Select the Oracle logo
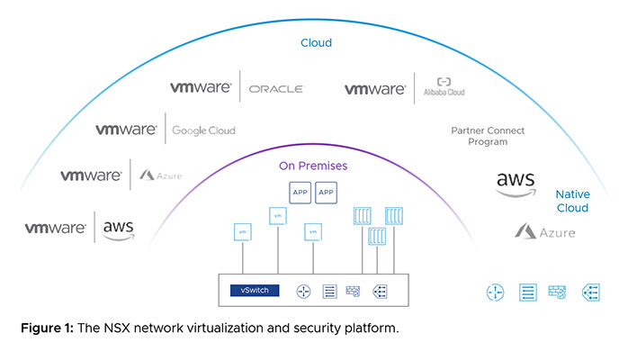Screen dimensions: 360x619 coord(275,89)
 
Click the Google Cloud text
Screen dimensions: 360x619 coord(203,130)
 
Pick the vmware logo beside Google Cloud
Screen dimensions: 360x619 coord(126,130)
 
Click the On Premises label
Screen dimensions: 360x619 coord(313,166)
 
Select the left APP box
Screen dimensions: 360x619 coord(300,192)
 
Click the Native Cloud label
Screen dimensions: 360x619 coord(572,201)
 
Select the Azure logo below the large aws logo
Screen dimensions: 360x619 coord(544,232)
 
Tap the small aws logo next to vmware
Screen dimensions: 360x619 coord(119,230)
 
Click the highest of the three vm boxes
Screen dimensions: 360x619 coord(276,215)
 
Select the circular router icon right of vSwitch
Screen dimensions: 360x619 coord(302,291)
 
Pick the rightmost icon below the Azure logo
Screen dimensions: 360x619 coord(591,292)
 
